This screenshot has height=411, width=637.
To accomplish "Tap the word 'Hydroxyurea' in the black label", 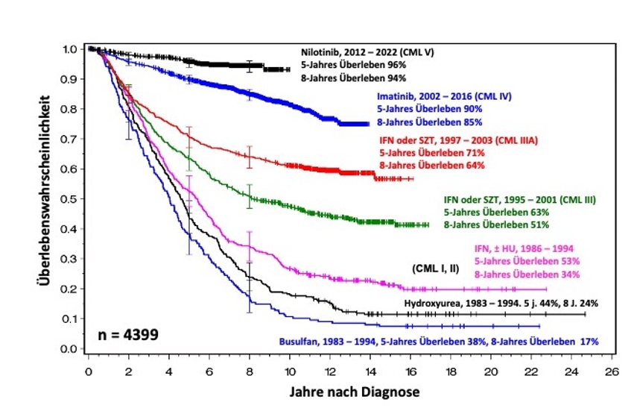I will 428,303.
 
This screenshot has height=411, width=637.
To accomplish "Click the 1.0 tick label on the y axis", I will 68,49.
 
